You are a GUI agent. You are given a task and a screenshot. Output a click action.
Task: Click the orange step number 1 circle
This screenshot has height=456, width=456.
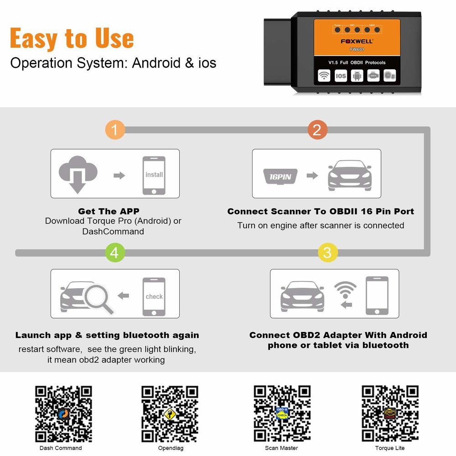point(115,130)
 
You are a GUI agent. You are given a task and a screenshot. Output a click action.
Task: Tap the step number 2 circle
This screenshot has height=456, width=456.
point(317,130)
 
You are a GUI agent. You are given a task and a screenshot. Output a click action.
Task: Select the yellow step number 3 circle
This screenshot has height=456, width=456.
point(327,253)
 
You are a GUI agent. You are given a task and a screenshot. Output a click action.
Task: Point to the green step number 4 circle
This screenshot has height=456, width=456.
point(115,253)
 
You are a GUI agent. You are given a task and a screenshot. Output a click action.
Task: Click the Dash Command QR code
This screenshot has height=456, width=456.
point(64,414)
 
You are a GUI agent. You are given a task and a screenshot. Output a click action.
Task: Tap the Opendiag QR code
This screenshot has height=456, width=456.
point(170,414)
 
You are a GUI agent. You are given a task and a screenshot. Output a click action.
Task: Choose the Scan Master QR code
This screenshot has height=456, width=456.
point(282,414)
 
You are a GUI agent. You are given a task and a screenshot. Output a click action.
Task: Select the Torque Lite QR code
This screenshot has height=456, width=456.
point(390,414)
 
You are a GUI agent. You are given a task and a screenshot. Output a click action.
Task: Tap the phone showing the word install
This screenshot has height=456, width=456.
point(154,175)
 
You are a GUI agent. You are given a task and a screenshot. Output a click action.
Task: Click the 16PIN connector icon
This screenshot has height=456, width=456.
point(280,176)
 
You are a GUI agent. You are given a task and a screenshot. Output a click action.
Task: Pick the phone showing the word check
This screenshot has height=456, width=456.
point(154,296)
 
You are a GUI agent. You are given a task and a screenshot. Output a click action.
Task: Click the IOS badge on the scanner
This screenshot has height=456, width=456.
point(340,76)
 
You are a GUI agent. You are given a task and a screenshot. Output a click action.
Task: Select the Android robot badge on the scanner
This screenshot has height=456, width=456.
point(357,76)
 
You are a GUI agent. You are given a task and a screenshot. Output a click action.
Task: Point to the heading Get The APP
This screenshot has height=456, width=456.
point(109,211)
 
